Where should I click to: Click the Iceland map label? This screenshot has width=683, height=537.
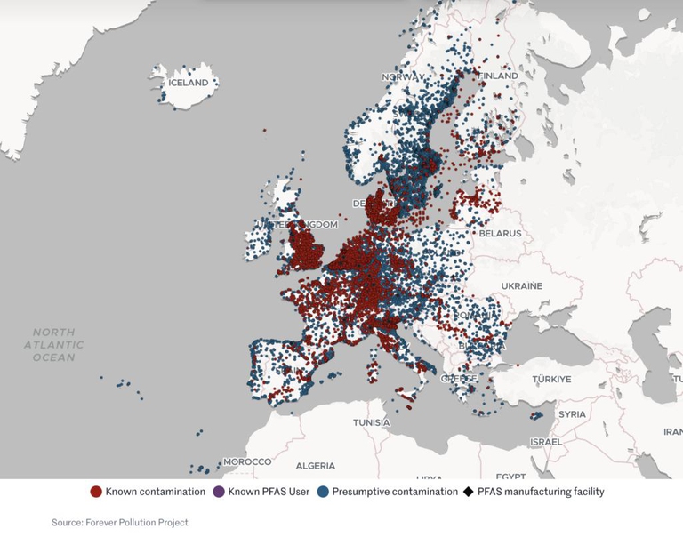point(188,83)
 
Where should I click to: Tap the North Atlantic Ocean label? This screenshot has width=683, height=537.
point(54,345)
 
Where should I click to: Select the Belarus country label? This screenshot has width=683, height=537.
point(500,234)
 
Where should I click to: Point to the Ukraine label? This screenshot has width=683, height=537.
point(521,286)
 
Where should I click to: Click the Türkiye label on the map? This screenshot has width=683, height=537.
point(551,379)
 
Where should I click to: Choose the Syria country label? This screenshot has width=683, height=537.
point(572,414)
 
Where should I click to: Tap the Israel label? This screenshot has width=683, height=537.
point(545,442)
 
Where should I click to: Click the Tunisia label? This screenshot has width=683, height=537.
point(371,422)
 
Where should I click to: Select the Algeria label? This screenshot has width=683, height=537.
point(315,466)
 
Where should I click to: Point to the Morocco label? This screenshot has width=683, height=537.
point(246,462)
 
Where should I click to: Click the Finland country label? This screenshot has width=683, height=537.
point(498,76)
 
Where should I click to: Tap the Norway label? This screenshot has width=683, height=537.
point(400,77)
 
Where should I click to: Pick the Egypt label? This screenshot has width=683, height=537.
point(510,476)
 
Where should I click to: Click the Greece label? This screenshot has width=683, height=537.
point(459,379)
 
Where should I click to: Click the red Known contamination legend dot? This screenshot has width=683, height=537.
point(96,492)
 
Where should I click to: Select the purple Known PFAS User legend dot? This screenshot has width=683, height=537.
point(219,492)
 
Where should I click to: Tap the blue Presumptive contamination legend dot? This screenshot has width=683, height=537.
point(323,492)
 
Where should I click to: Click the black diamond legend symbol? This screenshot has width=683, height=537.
point(468,492)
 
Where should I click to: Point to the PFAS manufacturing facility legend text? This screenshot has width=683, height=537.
point(540,492)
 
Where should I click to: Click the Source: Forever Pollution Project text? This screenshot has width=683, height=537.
point(119,523)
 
